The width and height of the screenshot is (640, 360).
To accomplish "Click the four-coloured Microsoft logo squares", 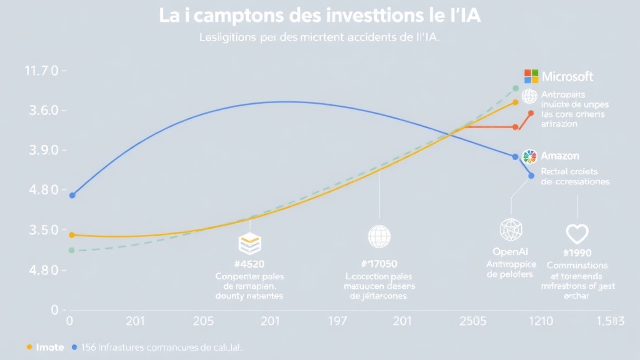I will click(531, 76).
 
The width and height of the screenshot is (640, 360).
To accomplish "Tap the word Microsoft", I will click(567, 77).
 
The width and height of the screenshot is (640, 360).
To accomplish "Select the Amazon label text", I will click(560, 156).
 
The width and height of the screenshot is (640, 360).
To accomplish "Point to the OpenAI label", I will click(511, 251).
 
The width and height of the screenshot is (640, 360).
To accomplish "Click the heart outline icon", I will click(577, 234).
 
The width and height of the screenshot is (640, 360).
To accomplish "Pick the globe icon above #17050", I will click(379, 236).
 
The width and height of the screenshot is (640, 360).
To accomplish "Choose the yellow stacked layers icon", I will click(249, 243).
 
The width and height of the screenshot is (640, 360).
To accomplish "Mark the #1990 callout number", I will click(577, 253).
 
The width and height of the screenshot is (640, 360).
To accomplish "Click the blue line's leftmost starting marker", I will click(72, 196).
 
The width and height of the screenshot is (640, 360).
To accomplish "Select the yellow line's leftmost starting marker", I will click(72, 235).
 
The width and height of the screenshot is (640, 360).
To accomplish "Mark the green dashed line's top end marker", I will click(515, 89).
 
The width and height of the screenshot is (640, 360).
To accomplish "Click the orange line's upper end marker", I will click(531, 113).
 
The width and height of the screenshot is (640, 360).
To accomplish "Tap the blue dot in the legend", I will click(75, 347).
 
